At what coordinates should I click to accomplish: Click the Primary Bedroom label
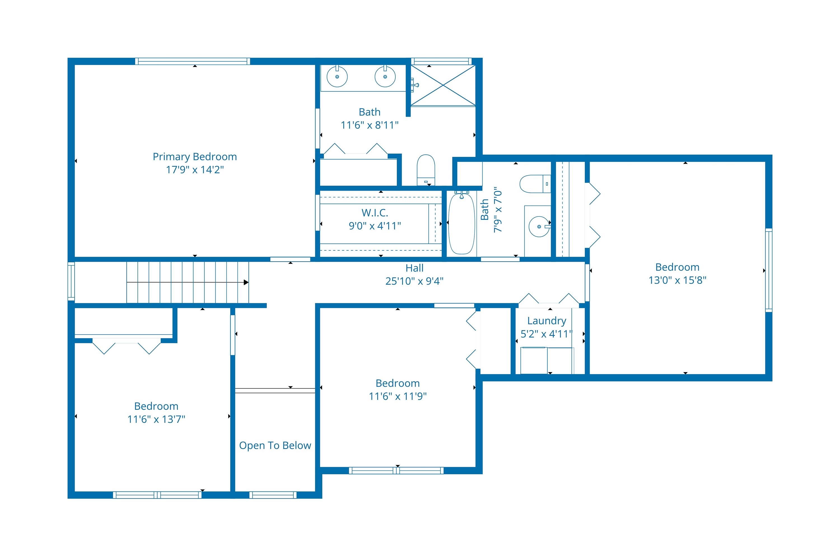(195, 157)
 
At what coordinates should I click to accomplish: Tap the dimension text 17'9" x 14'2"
(195, 170)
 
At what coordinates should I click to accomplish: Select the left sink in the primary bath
(337, 76)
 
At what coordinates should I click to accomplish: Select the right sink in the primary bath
(385, 76)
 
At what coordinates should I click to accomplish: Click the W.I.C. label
(375, 213)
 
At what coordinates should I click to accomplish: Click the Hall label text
(414, 268)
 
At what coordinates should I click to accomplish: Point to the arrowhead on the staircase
(246, 283)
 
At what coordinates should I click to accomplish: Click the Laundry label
(547, 321)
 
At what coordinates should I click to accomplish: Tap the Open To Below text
(275, 445)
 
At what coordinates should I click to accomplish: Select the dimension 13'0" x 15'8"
(677, 280)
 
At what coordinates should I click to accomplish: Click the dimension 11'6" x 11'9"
(398, 396)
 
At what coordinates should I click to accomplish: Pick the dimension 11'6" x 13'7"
(156, 419)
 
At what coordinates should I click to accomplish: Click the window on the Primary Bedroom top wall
(193, 61)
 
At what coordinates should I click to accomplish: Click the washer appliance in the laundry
(534, 360)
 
